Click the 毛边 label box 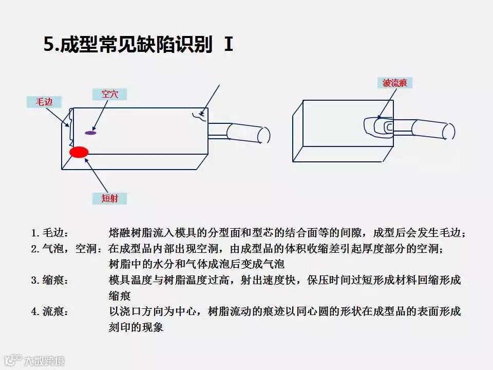44,102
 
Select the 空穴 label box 109,94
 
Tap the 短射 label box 109,198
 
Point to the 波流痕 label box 397,83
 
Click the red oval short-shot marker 79,152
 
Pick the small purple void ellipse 91,133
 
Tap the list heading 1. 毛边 50,233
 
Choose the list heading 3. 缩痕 50,280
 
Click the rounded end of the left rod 264,134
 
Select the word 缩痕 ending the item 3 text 120,296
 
